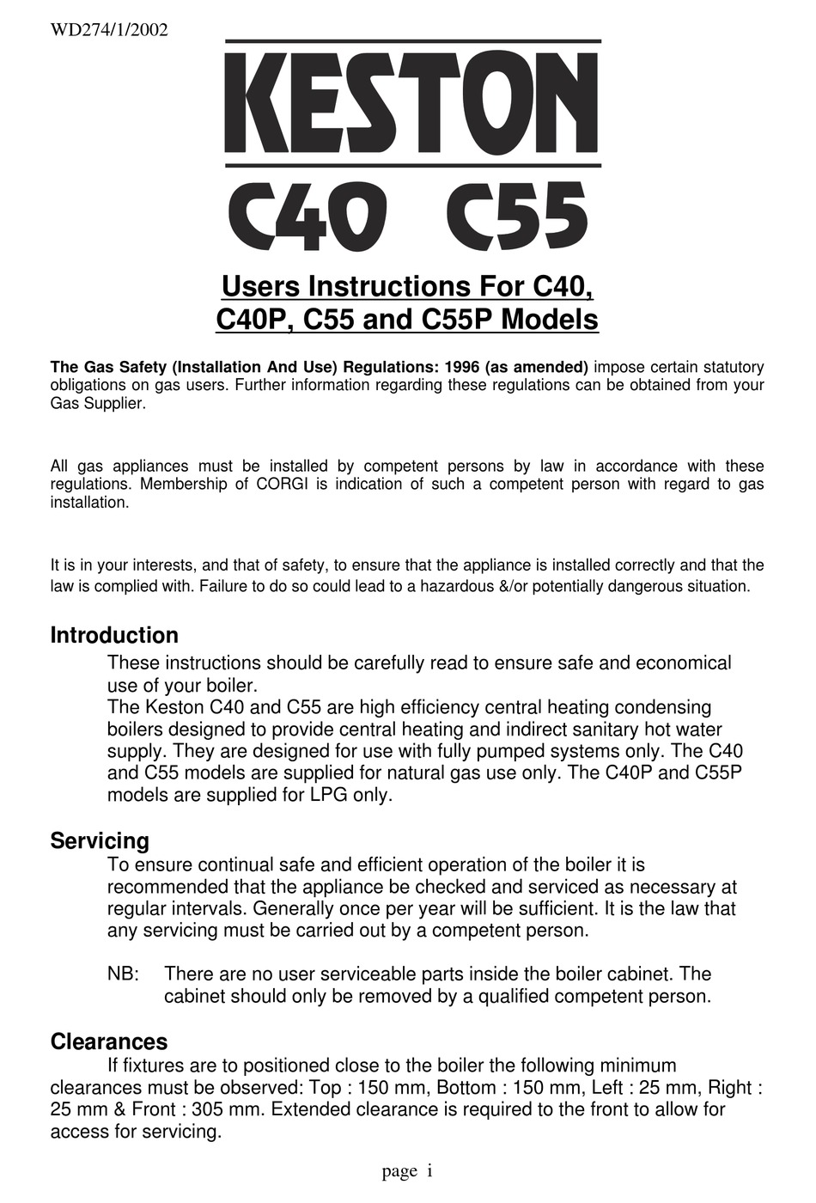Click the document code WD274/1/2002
[x=109, y=30]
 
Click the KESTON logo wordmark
[x=412, y=103]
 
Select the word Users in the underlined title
[x=261, y=285]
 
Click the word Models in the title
[x=549, y=320]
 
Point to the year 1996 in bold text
[x=463, y=367]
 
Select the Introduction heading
[x=114, y=636]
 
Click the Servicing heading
[x=100, y=840]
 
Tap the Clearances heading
[x=109, y=1041]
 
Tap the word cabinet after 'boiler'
[x=634, y=974]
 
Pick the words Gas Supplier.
[x=97, y=403]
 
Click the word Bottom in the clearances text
[x=466, y=1087]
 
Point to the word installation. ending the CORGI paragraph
[x=90, y=503]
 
